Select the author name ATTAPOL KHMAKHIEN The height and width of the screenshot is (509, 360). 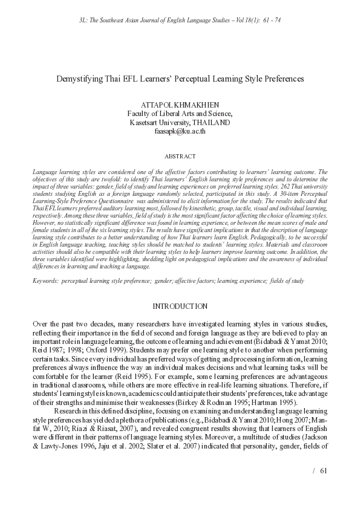pyautogui.click(x=180, y=104)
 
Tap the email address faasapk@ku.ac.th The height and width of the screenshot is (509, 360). pyautogui.click(x=180, y=130)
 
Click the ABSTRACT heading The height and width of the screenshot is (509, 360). pyautogui.click(x=180, y=156)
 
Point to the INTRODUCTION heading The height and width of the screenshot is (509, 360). pyautogui.click(x=180, y=306)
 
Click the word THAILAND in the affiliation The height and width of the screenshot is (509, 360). pyautogui.click(x=211, y=122)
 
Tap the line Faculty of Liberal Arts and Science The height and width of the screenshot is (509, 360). pyautogui.click(x=180, y=113)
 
